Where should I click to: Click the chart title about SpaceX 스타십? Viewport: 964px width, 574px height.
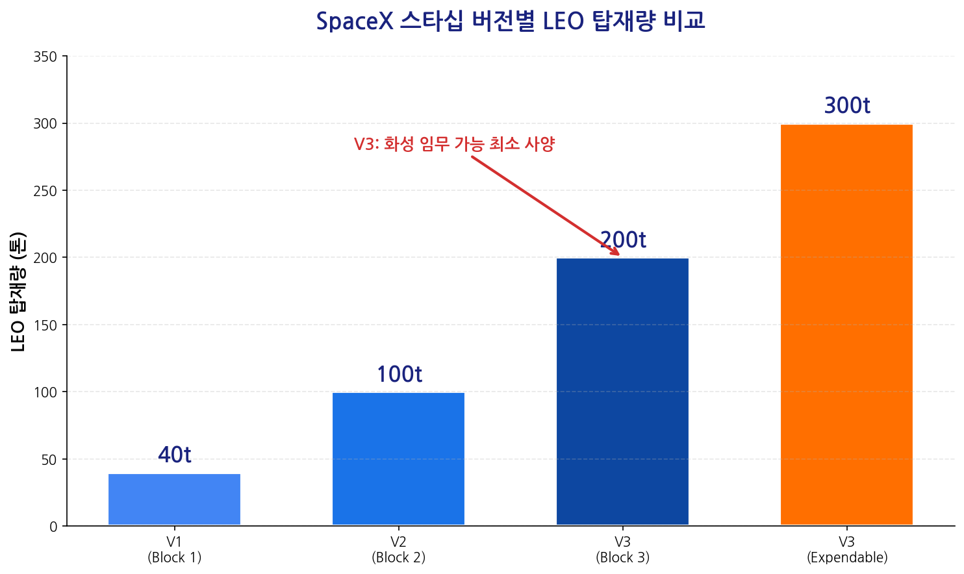[x=510, y=21]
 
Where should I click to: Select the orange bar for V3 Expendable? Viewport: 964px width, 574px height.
[x=846, y=325]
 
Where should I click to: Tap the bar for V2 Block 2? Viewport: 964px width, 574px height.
[x=398, y=458]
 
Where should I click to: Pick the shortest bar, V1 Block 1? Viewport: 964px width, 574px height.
[x=174, y=499]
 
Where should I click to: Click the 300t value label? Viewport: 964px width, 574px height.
[x=847, y=106]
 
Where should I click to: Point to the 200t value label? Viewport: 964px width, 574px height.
[x=623, y=240]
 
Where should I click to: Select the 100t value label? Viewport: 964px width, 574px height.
[x=400, y=375]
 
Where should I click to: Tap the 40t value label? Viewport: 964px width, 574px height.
[x=175, y=455]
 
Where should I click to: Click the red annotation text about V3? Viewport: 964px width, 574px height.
[x=454, y=144]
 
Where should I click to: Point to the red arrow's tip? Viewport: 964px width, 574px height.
[x=618, y=255]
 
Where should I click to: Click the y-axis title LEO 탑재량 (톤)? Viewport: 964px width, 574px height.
[x=18, y=292]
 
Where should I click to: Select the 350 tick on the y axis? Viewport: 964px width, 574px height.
[x=45, y=56]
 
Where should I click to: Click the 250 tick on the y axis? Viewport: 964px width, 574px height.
[x=45, y=191]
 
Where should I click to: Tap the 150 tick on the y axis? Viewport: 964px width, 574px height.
[x=45, y=325]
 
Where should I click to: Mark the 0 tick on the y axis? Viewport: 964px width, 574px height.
[x=53, y=527]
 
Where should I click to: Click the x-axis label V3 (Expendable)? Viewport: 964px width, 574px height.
[x=847, y=550]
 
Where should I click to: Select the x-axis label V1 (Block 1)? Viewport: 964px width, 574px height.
[x=174, y=550]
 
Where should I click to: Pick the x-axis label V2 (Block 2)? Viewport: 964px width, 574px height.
[x=398, y=550]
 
